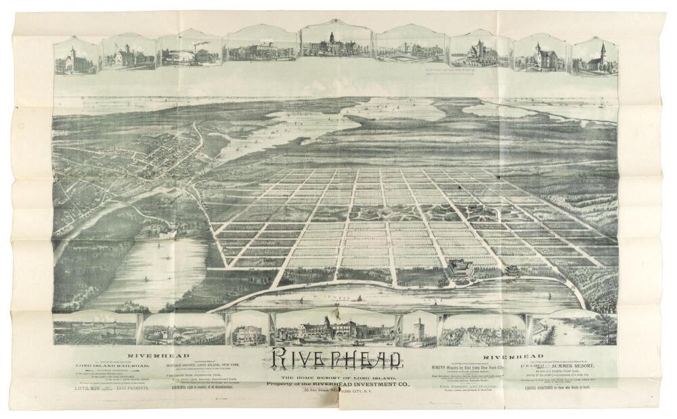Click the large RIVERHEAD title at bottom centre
pyautogui.click(x=338, y=358)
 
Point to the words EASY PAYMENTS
pyautogui.click(x=133, y=390)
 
